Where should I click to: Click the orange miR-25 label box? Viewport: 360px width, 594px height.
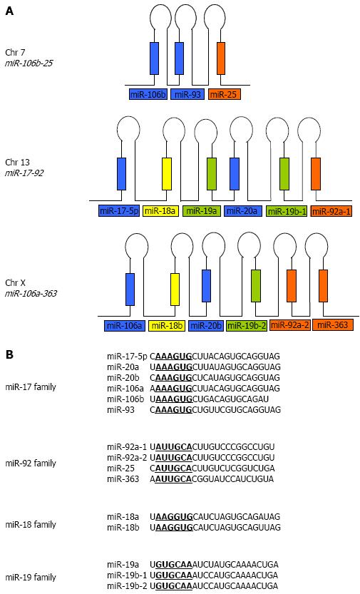tap(224, 94)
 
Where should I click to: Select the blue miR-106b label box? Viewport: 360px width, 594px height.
tap(148, 94)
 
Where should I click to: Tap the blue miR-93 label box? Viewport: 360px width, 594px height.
tap(187, 94)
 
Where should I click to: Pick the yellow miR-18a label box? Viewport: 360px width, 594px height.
tap(161, 211)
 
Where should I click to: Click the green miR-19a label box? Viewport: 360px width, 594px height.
tap(202, 211)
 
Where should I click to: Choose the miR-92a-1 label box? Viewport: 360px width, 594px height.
tap(331, 211)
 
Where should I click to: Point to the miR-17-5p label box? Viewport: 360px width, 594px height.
tap(119, 211)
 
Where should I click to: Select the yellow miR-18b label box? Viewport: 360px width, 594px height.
tap(167, 325)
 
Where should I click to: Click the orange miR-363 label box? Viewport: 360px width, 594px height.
tap(333, 324)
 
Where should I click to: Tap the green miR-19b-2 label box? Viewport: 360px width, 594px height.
tap(246, 325)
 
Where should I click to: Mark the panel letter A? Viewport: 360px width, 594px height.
tap(9, 11)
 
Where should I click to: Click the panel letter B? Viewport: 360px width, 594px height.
tap(9, 354)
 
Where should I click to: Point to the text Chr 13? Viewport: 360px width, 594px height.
tap(17, 163)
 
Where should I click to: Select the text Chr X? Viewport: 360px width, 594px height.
tap(16, 282)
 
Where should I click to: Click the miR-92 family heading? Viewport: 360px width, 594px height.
tap(31, 463)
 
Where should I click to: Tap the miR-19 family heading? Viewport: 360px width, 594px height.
tap(31, 578)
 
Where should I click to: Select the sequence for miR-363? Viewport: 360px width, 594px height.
tap(212, 479)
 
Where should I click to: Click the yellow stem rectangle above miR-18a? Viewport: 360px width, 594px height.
tap(167, 173)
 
